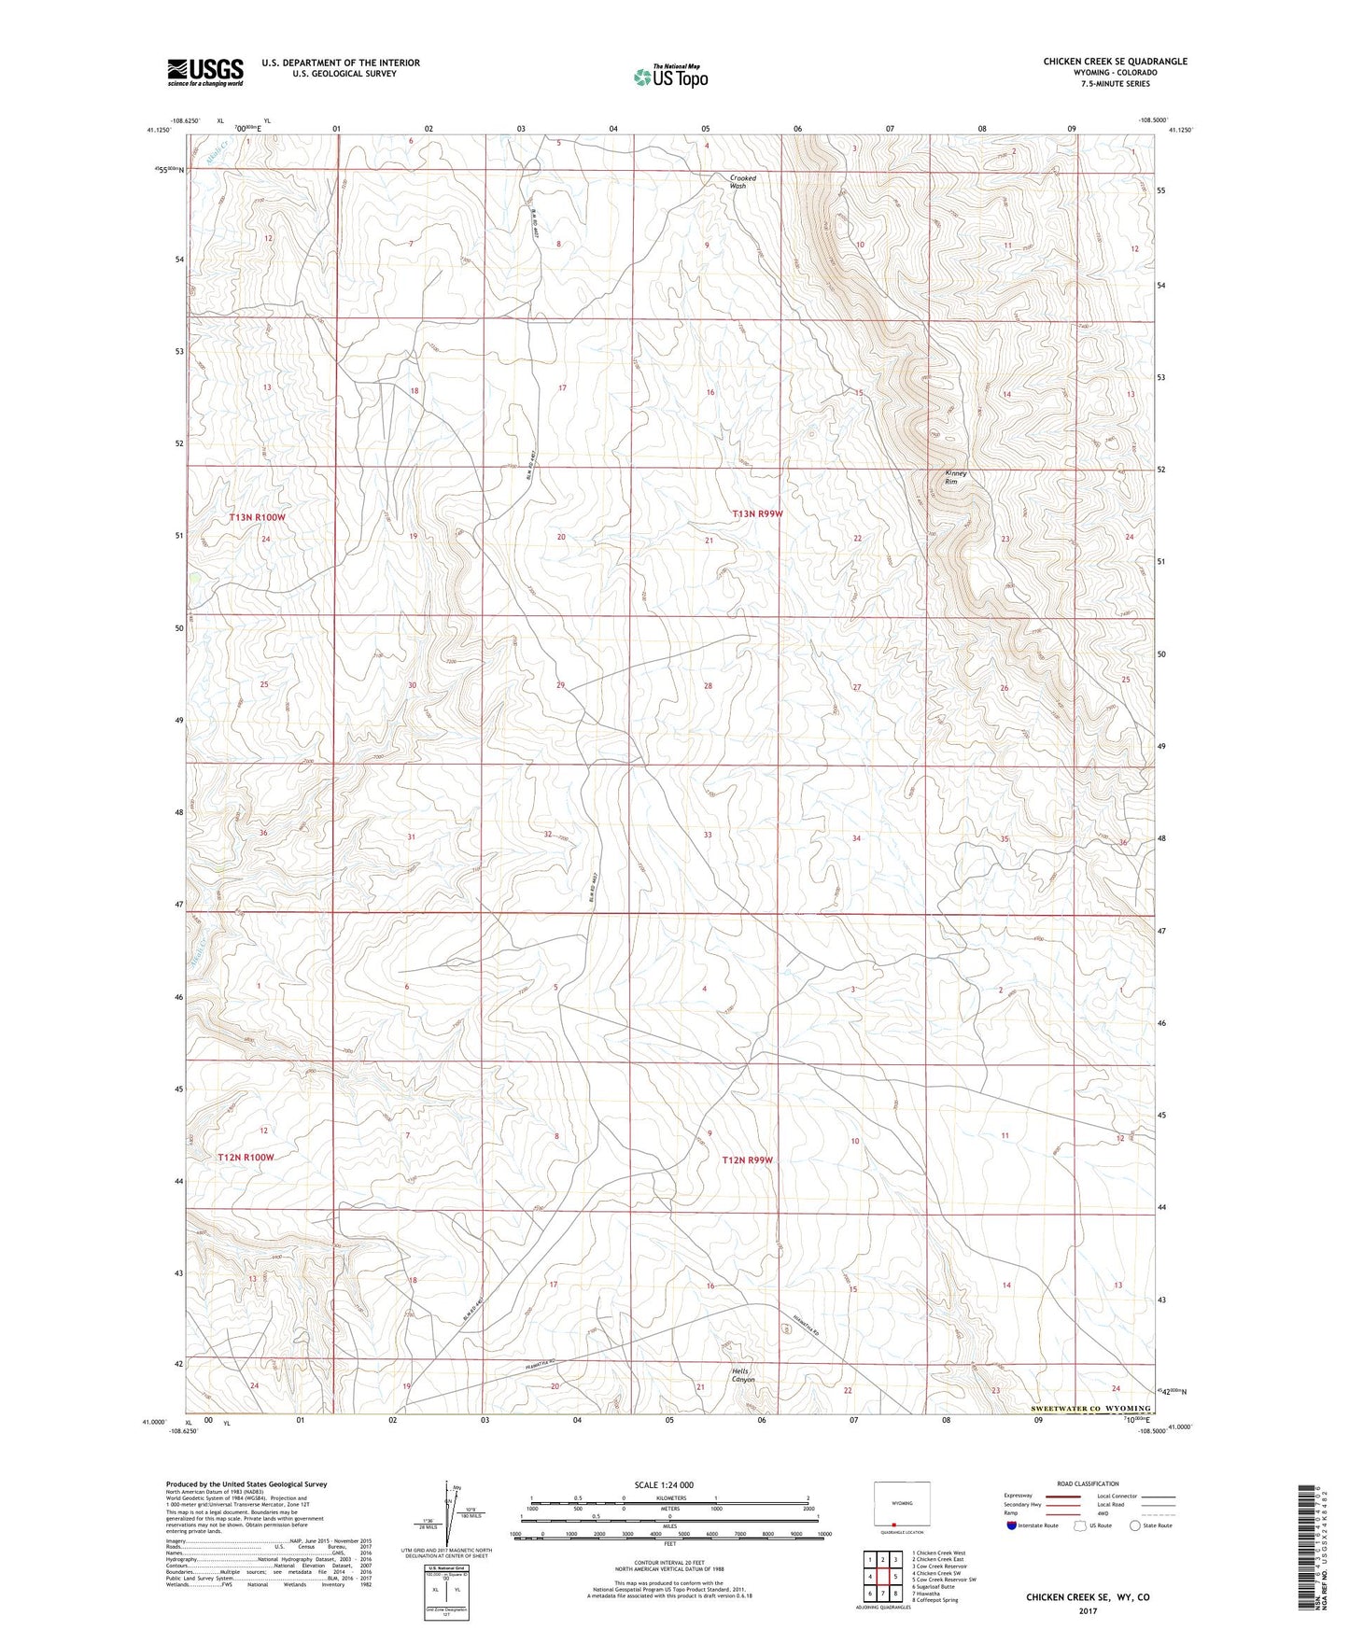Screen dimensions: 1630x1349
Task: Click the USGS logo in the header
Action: coord(205,72)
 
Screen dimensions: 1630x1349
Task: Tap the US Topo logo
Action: coord(669,77)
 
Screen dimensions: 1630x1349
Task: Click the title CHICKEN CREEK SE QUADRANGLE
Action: coord(1115,62)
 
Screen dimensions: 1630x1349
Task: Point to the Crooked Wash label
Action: coord(738,181)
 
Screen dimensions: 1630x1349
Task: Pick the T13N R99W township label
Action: coord(756,514)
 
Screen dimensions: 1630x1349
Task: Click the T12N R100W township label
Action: coord(246,1158)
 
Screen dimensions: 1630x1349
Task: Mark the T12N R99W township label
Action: coord(748,1160)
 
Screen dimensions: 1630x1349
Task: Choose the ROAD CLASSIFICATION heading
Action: coord(1089,1483)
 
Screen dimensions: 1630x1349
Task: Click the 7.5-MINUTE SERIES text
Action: coord(1115,84)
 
